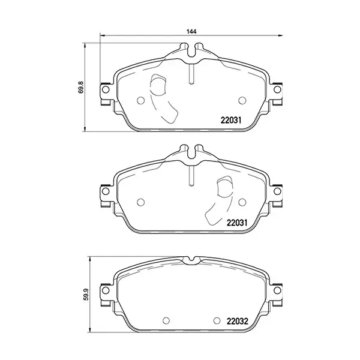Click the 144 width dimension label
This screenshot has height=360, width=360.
(x=191, y=31)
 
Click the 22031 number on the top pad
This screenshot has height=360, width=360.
(x=229, y=119)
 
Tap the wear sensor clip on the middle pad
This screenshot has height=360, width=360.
(x=224, y=190)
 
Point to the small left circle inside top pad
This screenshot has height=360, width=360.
(x=141, y=100)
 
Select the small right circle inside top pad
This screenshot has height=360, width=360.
(x=242, y=100)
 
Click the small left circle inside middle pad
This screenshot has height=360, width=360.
(x=141, y=202)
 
